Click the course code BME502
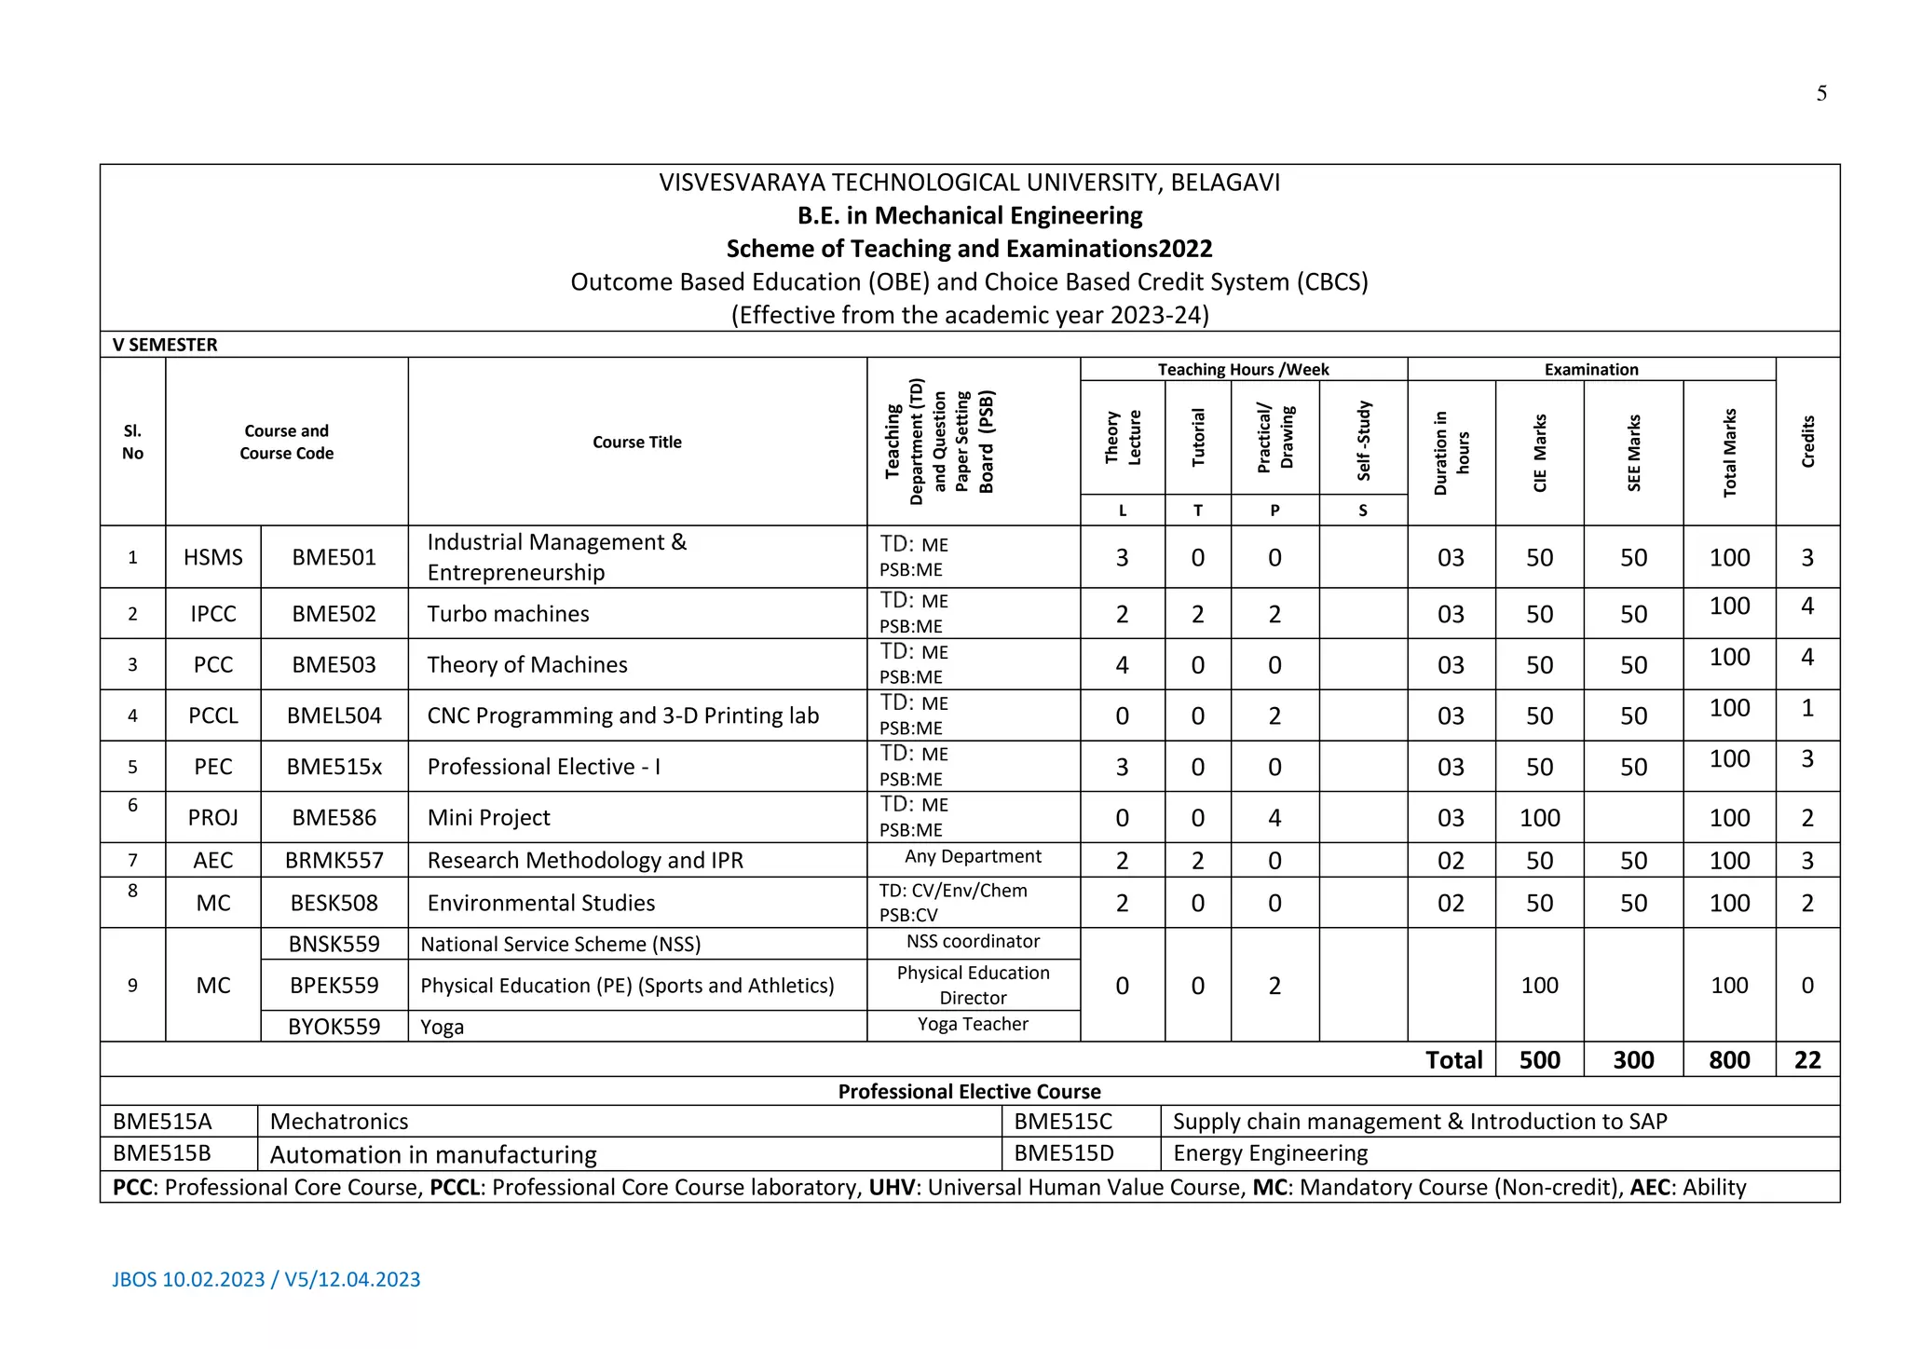334,614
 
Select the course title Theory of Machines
526,664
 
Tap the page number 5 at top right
1821,93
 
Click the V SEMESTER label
165,345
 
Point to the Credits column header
1807,442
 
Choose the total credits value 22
1807,1060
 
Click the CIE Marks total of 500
1539,1060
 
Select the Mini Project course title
488,818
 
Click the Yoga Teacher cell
973,1025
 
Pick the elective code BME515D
1064,1153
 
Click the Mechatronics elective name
339,1122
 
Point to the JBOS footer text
266,1279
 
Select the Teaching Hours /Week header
1243,370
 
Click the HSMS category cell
212,557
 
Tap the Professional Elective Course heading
969,1092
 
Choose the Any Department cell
973,856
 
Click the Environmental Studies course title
540,903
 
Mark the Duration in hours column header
1451,453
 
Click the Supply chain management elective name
1419,1122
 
